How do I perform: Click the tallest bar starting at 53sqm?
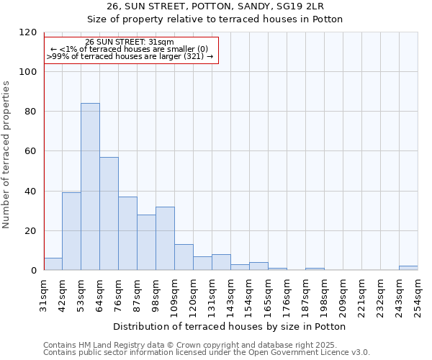coord(90,186)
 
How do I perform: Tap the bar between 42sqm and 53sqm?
coord(71,231)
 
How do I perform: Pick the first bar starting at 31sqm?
coord(53,264)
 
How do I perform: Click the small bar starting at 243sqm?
coord(408,268)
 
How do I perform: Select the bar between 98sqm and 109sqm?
coord(165,238)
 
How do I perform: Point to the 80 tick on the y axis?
coord(30,112)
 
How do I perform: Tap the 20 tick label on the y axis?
coord(30,231)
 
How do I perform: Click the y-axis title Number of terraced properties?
coord(6,155)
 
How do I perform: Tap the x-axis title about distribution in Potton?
coord(230,326)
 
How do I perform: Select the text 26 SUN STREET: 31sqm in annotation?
coord(129,42)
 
